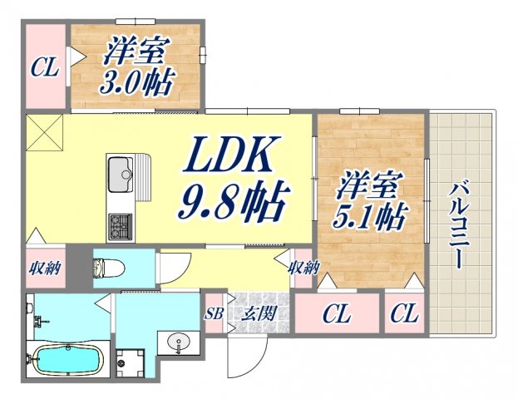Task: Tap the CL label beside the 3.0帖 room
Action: click(45, 67)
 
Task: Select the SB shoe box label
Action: click(214, 313)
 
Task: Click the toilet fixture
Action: click(106, 268)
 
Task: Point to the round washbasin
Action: click(177, 341)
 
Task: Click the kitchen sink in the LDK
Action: click(122, 174)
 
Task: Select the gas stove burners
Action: click(120, 224)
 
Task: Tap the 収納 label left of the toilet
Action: click(44, 268)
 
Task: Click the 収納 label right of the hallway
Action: click(303, 268)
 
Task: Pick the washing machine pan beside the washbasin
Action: click(130, 363)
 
